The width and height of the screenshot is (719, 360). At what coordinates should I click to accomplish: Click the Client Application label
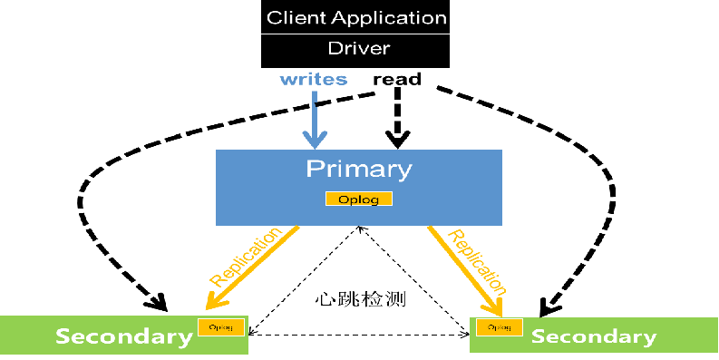(x=356, y=18)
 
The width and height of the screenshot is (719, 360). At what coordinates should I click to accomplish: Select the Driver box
(x=356, y=49)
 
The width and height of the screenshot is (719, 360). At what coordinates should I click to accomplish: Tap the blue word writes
(x=313, y=80)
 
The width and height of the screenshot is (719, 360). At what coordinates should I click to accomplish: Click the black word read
(x=397, y=80)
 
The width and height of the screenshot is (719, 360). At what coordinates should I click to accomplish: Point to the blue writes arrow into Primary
(x=315, y=118)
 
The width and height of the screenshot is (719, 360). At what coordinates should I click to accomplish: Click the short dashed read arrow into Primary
(x=396, y=118)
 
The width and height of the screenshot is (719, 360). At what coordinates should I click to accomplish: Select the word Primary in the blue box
(x=358, y=169)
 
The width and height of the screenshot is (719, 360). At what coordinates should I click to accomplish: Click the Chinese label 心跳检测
(x=359, y=298)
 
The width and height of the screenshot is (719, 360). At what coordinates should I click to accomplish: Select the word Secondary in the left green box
(x=123, y=336)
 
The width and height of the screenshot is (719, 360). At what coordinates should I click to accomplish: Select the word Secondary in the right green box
(x=594, y=337)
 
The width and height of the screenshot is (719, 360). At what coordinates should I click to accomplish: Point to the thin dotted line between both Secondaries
(x=359, y=335)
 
